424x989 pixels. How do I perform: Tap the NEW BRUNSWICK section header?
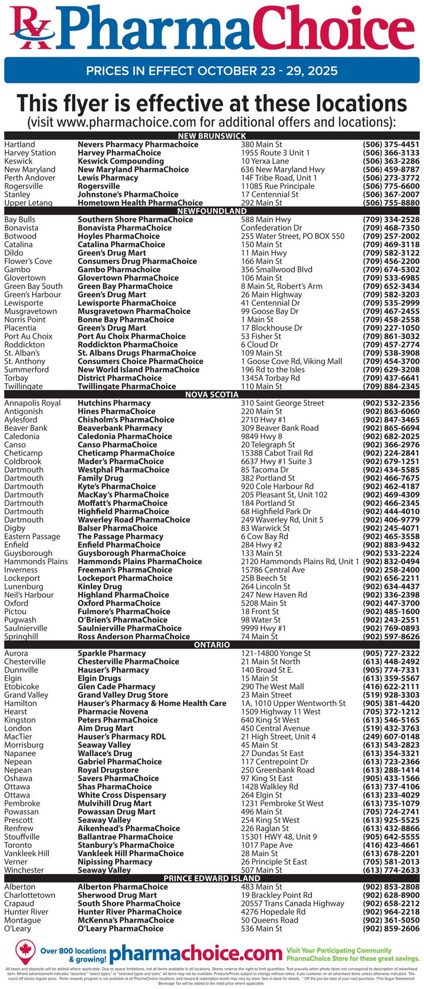[x=212, y=136]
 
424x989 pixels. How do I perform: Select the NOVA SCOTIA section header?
[x=212, y=395]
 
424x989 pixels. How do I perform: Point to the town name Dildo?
[x=13, y=253]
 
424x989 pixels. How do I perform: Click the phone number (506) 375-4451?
[x=391, y=144]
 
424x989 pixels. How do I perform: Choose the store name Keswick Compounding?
[x=121, y=161]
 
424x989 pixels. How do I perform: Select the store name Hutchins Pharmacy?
[x=114, y=403]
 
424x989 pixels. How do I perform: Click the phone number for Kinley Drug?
[x=391, y=586]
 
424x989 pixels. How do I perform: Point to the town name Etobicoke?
[x=22, y=686]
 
